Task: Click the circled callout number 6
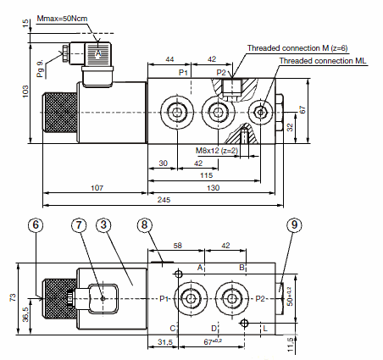point(36,225)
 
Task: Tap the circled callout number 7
point(79,225)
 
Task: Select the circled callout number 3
point(103,225)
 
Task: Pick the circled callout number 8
point(144,225)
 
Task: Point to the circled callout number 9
point(294,225)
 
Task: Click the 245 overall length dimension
point(164,200)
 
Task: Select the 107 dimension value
point(97,188)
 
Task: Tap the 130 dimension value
point(213,188)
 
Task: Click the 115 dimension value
point(206,175)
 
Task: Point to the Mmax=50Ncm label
point(62,19)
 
